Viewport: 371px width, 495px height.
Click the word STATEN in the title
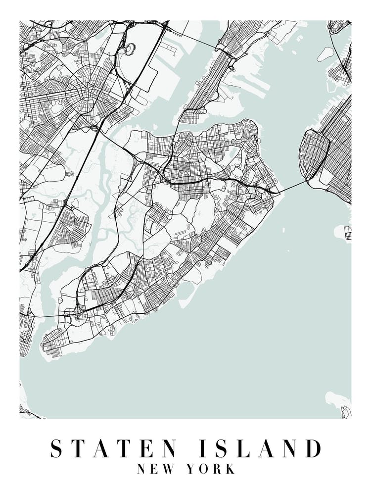[114, 448]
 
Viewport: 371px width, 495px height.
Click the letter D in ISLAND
[313, 448]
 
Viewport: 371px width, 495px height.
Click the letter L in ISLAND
[244, 448]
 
